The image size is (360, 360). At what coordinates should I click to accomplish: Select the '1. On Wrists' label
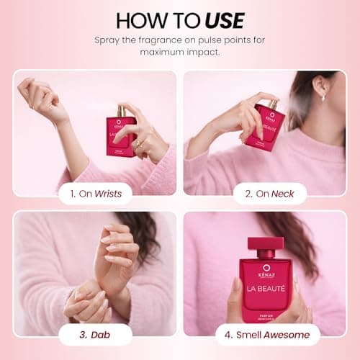pos(95,193)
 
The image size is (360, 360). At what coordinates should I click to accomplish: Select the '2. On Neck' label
pos(270,193)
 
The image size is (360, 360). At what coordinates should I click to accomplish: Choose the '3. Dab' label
pos(95,334)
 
